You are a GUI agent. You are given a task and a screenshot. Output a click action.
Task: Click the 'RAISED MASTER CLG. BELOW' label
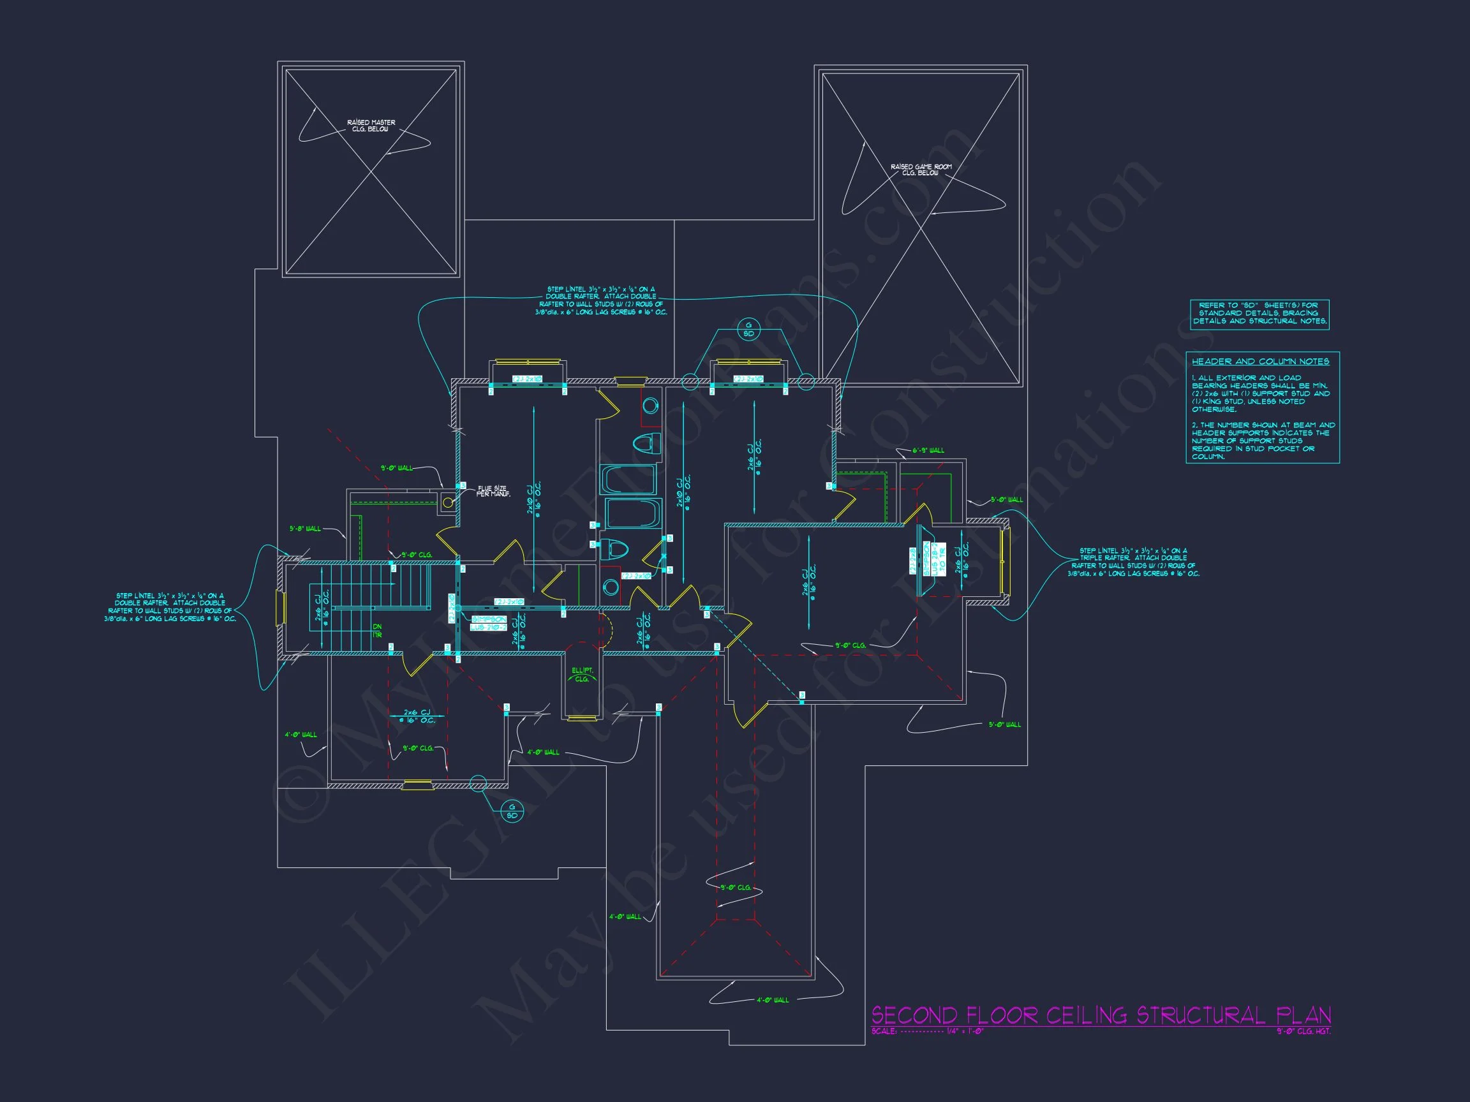point(371,126)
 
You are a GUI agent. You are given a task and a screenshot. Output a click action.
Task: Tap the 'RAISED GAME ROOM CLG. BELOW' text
point(921,170)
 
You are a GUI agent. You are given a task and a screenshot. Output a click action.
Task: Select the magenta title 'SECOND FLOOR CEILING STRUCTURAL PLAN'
point(1101,1015)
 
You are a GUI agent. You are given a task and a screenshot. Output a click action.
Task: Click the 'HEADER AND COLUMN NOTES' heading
point(1260,362)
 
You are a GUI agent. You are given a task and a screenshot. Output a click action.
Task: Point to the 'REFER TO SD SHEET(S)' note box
point(1259,314)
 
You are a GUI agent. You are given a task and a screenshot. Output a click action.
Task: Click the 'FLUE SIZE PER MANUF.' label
point(493,492)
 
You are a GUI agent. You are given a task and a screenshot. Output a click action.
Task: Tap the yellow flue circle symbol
point(448,503)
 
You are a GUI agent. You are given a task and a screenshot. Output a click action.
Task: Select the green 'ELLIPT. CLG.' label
point(582,674)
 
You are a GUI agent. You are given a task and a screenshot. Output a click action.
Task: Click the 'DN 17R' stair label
point(377,630)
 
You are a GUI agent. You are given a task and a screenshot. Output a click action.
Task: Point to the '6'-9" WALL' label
point(928,450)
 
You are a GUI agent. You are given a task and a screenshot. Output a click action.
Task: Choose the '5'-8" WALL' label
point(305,529)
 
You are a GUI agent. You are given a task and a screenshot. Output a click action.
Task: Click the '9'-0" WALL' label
point(396,468)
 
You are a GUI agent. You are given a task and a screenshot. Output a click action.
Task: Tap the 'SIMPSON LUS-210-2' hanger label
point(489,623)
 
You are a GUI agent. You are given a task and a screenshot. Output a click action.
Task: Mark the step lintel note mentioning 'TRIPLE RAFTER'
point(1133,562)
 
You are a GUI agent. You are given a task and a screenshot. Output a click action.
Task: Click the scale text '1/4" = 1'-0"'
point(965,1032)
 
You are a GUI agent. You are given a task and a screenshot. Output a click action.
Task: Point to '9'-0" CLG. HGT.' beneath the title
point(1303,1032)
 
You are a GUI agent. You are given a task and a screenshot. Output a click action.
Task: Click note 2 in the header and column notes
point(1260,441)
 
